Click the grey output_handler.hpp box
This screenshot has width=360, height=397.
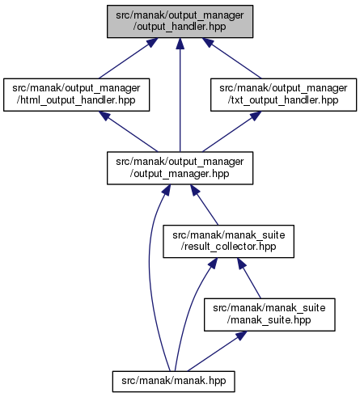[x=180, y=22]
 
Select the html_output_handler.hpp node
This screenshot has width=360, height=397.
[x=76, y=95]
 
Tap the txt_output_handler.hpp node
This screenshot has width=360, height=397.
[x=283, y=95]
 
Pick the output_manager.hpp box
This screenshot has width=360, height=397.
[x=180, y=168]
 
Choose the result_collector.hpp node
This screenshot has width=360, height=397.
[x=228, y=241]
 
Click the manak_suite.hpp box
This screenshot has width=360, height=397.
[x=269, y=315]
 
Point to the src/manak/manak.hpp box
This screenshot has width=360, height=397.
[x=173, y=382]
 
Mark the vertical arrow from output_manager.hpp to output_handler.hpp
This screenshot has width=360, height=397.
[x=180, y=95]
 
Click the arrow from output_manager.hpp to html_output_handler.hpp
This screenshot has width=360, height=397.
[x=128, y=132]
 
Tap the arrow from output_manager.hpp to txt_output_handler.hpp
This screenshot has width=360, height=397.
[x=231, y=132]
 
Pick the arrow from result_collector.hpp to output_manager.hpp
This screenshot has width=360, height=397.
[x=204, y=205]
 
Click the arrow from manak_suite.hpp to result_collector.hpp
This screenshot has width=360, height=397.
[x=249, y=278]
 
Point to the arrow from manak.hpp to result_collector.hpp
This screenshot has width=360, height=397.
[x=189, y=313]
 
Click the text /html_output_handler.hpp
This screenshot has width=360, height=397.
[x=76, y=100]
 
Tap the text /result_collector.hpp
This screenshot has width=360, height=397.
[x=228, y=247]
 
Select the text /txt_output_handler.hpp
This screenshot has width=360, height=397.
[x=283, y=100]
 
